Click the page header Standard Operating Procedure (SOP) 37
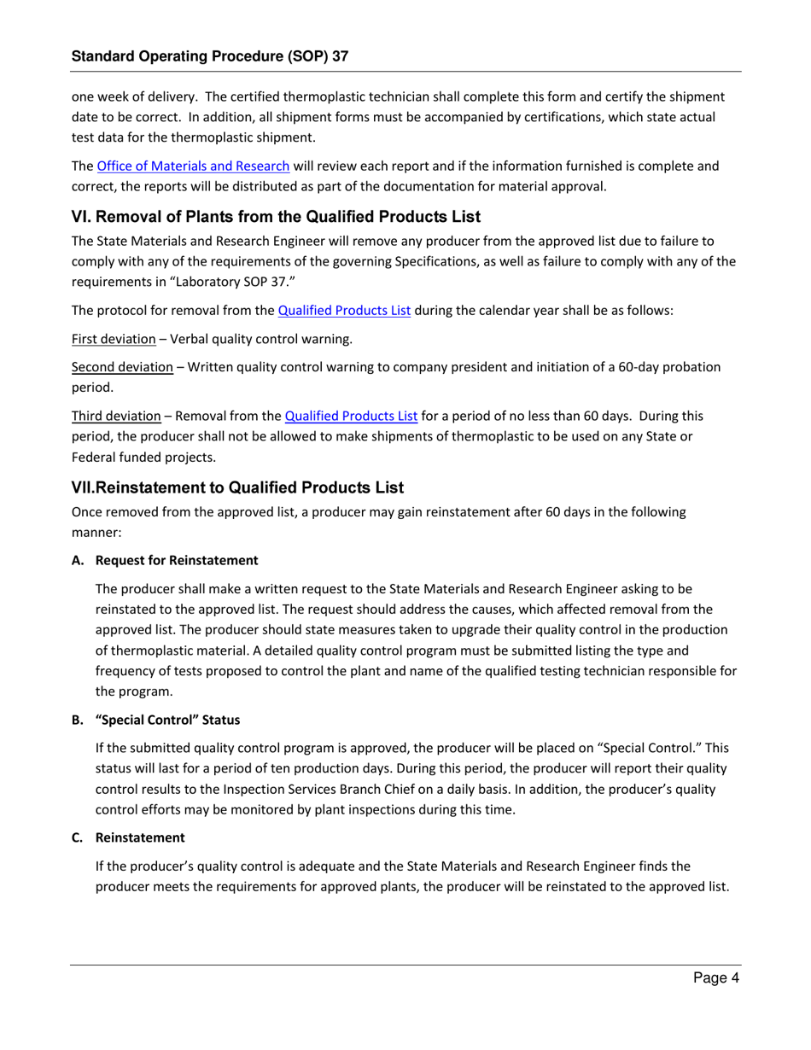210,56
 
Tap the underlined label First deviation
114,339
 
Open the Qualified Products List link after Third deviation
350,417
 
